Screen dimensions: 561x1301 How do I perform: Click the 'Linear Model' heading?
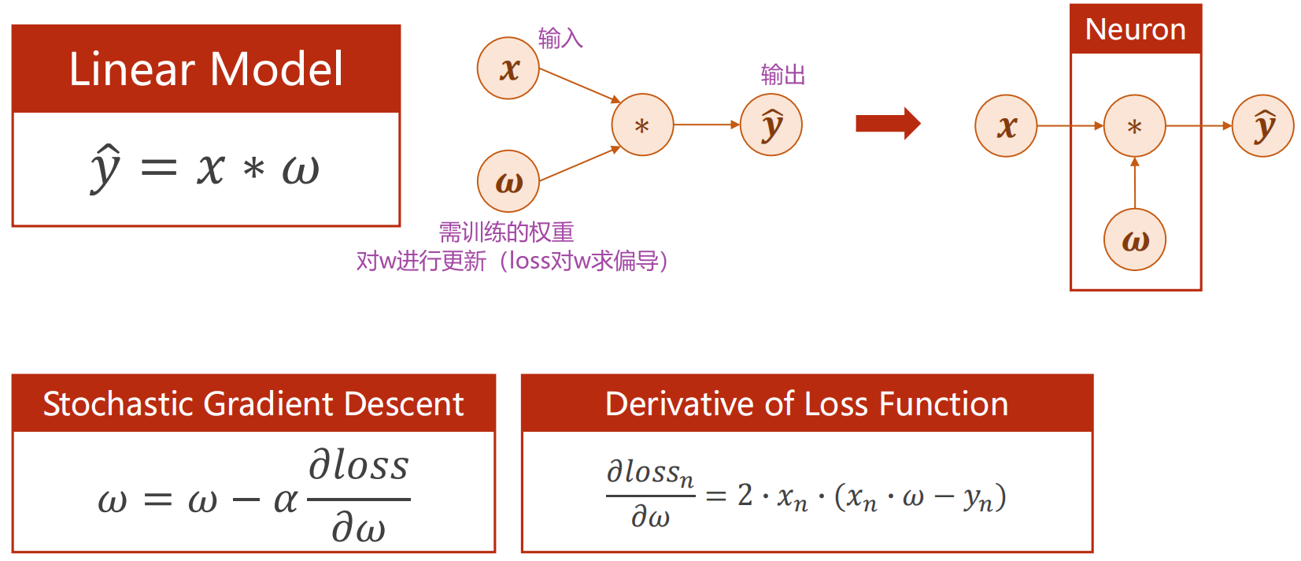206,69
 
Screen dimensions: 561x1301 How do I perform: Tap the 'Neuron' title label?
1135,30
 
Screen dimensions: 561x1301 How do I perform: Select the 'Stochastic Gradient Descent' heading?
253,404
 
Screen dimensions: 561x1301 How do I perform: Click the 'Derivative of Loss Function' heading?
807,404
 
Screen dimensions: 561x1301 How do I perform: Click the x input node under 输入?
508,69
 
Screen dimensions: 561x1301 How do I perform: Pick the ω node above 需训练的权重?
508,181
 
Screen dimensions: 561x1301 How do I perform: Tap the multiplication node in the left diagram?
642,125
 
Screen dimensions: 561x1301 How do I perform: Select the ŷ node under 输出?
771,124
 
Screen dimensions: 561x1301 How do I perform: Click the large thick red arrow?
888,124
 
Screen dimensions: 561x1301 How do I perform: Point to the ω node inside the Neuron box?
1134,240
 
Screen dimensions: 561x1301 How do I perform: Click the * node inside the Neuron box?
1134,126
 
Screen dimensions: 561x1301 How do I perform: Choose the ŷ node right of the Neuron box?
1263,126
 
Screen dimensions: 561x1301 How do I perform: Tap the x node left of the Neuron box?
1006,126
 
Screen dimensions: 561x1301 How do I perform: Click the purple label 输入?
560,39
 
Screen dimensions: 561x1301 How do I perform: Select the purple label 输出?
783,75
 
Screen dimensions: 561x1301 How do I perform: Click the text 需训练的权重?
506,232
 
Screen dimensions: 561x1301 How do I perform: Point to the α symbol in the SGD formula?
285,500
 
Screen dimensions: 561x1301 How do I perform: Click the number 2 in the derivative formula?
745,495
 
